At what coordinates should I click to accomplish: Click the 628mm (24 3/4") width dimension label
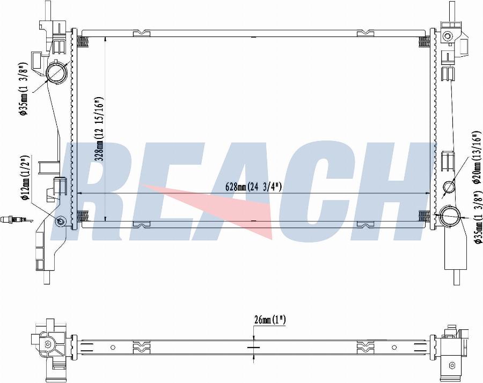point(253,187)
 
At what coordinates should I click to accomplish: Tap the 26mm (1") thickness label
point(270,320)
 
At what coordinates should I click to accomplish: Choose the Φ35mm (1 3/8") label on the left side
point(24,89)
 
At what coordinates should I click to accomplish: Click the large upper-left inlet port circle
point(56,72)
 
